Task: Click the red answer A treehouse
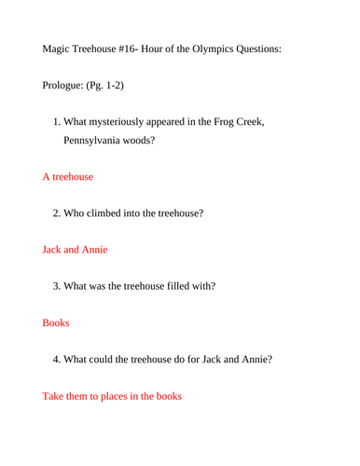point(67,175)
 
